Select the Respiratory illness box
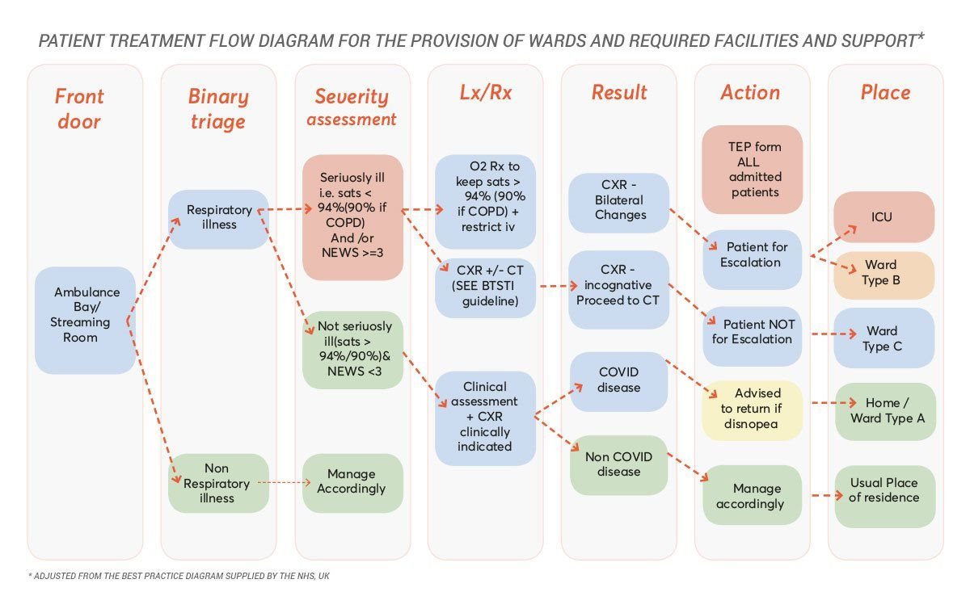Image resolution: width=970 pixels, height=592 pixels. (218, 218)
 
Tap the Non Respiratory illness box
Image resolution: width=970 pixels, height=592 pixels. (218, 483)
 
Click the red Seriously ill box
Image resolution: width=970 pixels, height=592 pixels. (352, 217)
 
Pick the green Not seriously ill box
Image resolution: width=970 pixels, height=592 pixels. (352, 350)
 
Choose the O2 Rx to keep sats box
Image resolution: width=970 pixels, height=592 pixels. (485, 201)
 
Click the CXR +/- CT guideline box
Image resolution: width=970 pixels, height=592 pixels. (485, 287)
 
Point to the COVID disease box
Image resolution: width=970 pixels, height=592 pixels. (618, 380)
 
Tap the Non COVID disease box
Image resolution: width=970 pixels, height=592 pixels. (618, 464)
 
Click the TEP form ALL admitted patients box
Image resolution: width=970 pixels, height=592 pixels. (753, 170)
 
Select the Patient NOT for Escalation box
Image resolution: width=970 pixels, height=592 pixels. (753, 331)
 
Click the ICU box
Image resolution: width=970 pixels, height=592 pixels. (885, 216)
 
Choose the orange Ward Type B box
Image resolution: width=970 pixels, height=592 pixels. (885, 275)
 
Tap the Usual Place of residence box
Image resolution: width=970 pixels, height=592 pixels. (885, 490)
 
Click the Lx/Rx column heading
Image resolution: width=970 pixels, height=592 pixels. (485, 93)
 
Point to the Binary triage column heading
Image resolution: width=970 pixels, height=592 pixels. (218, 108)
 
